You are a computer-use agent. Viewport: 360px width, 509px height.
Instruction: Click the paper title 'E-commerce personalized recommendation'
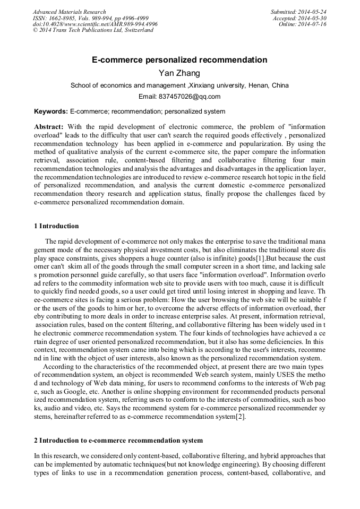click(179, 60)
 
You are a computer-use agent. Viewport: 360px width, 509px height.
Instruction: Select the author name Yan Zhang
click(179, 73)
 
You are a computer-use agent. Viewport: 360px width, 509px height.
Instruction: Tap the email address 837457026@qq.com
click(179, 97)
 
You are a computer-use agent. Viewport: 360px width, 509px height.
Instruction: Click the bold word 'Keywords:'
click(51, 111)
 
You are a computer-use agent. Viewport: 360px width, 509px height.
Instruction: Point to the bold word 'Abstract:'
click(49, 127)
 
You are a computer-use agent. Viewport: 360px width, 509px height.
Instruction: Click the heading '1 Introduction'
click(56, 226)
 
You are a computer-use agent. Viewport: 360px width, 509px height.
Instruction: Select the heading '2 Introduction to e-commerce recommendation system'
click(118, 441)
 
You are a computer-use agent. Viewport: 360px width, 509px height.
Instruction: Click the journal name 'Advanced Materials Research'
click(70, 12)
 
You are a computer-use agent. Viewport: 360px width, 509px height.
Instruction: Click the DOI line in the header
click(95, 24)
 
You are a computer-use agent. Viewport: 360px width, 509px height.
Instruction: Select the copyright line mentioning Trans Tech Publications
click(93, 30)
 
